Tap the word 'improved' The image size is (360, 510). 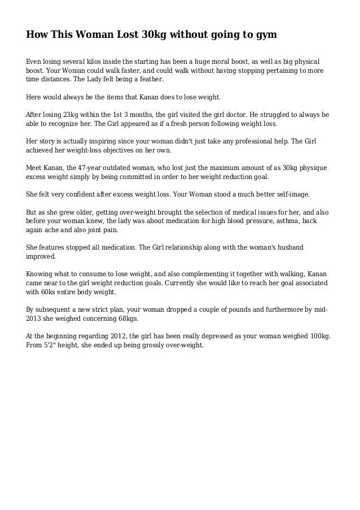pyautogui.click(x=41, y=256)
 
